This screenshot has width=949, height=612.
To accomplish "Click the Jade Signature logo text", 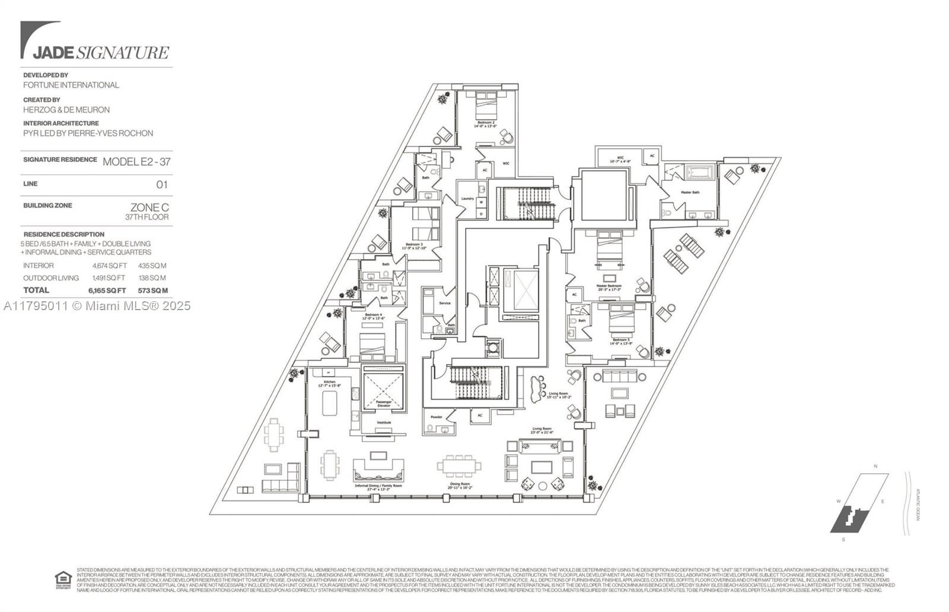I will (x=100, y=52).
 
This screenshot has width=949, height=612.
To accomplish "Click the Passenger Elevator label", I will (x=383, y=404).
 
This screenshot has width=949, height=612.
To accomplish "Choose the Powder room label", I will (x=437, y=417).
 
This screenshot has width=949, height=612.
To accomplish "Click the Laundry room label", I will (x=467, y=198).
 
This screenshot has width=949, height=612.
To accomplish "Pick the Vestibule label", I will (x=383, y=423).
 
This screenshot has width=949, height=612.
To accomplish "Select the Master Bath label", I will (x=690, y=192).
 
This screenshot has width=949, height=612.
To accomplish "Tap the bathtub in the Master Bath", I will (x=700, y=173).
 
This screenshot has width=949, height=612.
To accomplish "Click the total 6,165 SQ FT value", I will (x=107, y=291).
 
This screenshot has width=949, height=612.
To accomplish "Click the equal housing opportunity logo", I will (x=62, y=579).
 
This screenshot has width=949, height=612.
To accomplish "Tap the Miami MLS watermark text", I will (x=97, y=306).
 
